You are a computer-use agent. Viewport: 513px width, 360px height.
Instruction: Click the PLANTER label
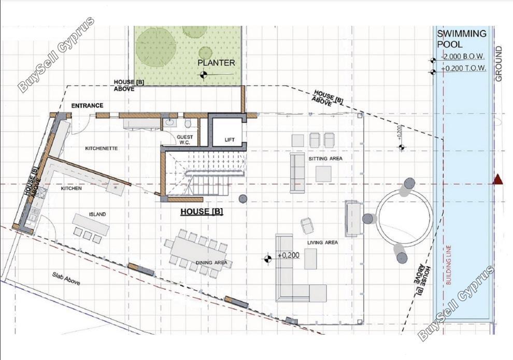[x=216, y=63]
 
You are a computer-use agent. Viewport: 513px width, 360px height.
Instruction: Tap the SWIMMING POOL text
[x=461, y=38]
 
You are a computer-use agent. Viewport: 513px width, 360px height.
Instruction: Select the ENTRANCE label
[x=87, y=105]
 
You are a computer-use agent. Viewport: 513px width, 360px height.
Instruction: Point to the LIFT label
[x=230, y=140]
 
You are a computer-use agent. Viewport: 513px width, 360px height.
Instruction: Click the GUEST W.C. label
[x=185, y=140]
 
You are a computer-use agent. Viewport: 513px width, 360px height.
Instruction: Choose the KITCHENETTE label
[x=102, y=148]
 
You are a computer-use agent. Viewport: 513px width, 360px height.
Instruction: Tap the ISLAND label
[x=97, y=214]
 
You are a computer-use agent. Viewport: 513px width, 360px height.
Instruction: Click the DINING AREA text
[x=211, y=263]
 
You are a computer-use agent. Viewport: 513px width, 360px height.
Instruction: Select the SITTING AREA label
[x=325, y=159]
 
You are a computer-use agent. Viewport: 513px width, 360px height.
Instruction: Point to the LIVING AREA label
[x=322, y=242]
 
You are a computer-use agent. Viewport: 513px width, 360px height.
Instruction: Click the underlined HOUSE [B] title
[x=202, y=211]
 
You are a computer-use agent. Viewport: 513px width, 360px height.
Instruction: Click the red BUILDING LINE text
[x=448, y=265]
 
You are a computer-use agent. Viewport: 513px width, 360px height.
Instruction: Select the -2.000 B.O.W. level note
[x=463, y=56]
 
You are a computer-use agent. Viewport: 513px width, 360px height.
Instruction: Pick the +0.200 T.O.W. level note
[x=463, y=68]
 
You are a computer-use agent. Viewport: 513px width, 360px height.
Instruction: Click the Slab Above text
[x=66, y=278]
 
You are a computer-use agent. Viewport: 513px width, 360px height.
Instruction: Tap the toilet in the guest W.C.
[x=188, y=124]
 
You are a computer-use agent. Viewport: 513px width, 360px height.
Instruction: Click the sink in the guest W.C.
[x=170, y=123]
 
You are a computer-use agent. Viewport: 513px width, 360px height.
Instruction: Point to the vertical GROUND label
[x=498, y=64]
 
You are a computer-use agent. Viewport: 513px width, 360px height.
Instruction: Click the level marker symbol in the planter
[x=204, y=75]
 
